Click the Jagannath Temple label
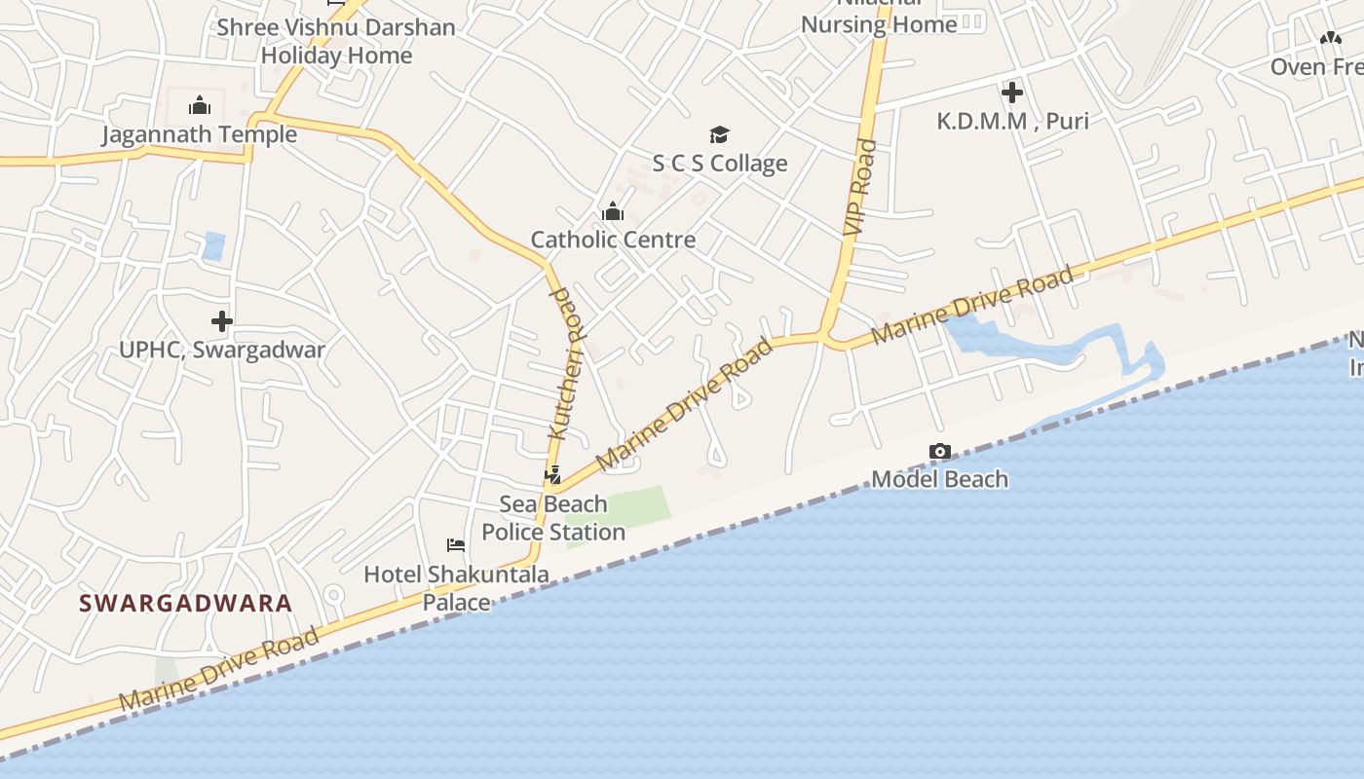pyautogui.click(x=200, y=134)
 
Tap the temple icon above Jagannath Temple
pyautogui.click(x=200, y=105)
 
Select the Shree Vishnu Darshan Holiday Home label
pyautogui.click(x=336, y=41)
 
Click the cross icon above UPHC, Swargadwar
pyautogui.click(x=222, y=320)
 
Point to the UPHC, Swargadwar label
pyautogui.click(x=222, y=350)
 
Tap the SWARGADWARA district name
pyautogui.click(x=185, y=603)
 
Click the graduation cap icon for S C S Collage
pyautogui.click(x=719, y=134)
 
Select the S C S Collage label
pyautogui.click(x=719, y=164)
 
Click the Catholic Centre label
pyautogui.click(x=613, y=240)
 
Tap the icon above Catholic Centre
pyautogui.click(x=613, y=211)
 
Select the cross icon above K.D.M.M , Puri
pyautogui.click(x=1012, y=93)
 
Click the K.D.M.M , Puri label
pyautogui.click(x=1012, y=122)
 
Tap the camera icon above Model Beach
pyautogui.click(x=940, y=451)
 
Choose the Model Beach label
pyautogui.click(x=940, y=479)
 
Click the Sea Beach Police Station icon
pyautogui.click(x=552, y=475)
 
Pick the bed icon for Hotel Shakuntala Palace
pyautogui.click(x=456, y=545)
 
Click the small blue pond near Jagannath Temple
pyautogui.click(x=213, y=245)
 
